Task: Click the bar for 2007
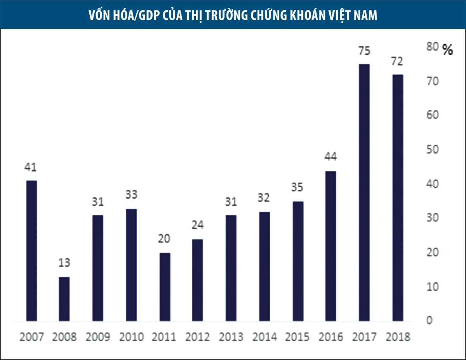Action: [x=31, y=251]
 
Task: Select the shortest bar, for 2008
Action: [x=64, y=299]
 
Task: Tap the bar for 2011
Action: [x=165, y=287]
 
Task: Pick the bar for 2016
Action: [x=330, y=246]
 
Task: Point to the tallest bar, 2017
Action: [x=364, y=193]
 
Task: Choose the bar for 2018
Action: [x=398, y=198]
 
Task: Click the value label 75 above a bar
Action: [x=364, y=51]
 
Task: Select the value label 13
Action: [x=64, y=263]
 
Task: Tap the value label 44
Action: [x=330, y=157]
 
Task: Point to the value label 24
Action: [x=198, y=225]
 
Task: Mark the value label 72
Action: [x=398, y=61]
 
